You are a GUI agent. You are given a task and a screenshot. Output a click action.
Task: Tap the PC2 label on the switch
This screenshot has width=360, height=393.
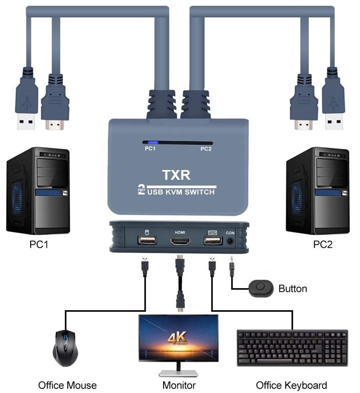pos(206,149)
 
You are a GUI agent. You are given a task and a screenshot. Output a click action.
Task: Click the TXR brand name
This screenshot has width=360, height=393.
pos(176,175)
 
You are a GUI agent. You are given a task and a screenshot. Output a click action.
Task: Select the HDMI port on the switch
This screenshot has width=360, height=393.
pos(180,241)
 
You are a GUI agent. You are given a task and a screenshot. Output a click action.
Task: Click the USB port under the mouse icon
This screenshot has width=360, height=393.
pos(147,241)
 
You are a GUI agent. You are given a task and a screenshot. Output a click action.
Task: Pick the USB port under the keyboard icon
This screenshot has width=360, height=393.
pos(212,241)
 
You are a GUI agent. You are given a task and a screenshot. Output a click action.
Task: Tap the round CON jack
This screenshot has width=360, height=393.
pos(231,241)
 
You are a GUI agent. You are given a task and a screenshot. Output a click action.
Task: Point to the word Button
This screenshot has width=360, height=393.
pos(292,289)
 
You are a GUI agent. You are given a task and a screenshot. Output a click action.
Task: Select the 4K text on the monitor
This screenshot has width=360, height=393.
pos(177,337)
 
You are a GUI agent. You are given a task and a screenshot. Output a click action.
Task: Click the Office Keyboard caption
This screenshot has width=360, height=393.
pos(291,385)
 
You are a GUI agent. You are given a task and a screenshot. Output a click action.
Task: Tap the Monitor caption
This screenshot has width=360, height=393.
pos(179,385)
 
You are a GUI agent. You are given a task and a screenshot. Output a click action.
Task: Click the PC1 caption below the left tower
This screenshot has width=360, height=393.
pos(39,244)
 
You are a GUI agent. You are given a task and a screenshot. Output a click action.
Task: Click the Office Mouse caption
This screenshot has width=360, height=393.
pos(67,385)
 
